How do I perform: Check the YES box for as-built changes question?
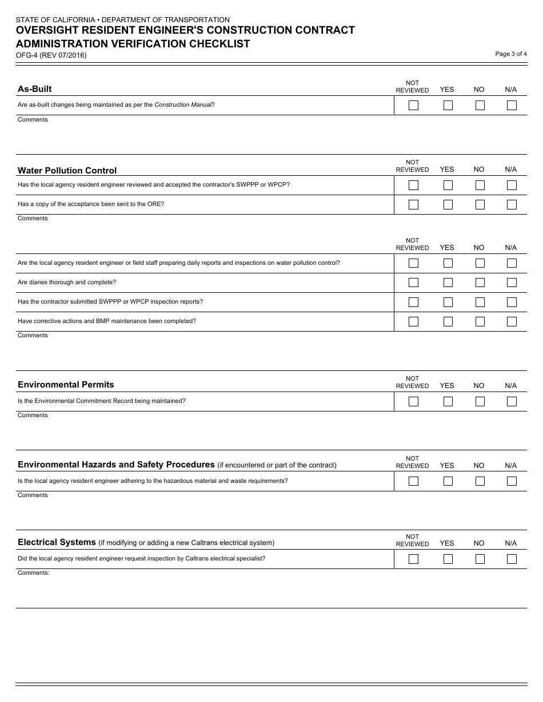pyautogui.click(x=448, y=105)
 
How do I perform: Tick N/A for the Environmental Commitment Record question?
pyautogui.click(x=512, y=401)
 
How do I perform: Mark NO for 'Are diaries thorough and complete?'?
pyautogui.click(x=480, y=283)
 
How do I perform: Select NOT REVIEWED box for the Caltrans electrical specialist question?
pyautogui.click(x=413, y=559)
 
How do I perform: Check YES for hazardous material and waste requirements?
pyautogui.click(x=448, y=481)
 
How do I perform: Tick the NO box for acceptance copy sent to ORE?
pyautogui.click(x=480, y=204)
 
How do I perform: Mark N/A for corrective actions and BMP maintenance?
pyautogui.click(x=512, y=321)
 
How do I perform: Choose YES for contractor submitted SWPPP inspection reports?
pyautogui.click(x=448, y=302)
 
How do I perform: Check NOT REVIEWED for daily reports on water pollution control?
pyautogui.click(x=413, y=263)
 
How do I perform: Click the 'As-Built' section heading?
pyautogui.click(x=35, y=89)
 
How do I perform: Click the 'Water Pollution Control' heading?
pyautogui.click(x=67, y=171)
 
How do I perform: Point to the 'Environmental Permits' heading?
pyautogui.click(x=66, y=385)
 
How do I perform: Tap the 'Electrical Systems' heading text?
pyautogui.click(x=57, y=542)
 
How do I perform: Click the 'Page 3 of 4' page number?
pyautogui.click(x=511, y=54)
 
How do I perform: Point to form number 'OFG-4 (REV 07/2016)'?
pyautogui.click(x=51, y=55)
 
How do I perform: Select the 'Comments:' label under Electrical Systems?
pyautogui.click(x=34, y=572)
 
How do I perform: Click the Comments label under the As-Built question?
pyautogui.click(x=33, y=119)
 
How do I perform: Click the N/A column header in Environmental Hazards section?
pyautogui.click(x=510, y=466)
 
